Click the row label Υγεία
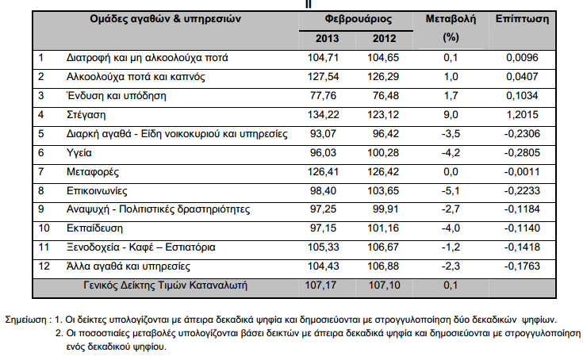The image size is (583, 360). click(79, 152)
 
